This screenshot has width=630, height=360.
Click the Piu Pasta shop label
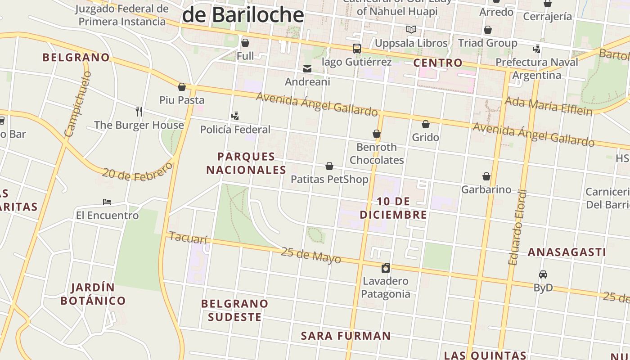182,100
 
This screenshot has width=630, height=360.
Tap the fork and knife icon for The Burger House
139,111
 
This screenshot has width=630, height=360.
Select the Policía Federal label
235,130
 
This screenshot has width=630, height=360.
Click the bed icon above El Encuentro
107,202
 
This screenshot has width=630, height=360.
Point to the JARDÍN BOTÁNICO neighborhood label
93,294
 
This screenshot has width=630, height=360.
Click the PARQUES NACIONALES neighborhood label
246,163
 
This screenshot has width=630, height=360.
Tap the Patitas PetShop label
329,179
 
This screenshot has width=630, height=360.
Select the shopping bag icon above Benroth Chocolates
377,134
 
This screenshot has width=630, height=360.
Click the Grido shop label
425,137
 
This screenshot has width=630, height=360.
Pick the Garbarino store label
486,189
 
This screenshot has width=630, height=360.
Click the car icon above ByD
543,274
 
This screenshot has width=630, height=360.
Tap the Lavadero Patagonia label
386,288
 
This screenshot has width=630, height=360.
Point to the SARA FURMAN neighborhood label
346,336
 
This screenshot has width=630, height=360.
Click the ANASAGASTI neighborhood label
567,252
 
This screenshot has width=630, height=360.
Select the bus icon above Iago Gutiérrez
356,49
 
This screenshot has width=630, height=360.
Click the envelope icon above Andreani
307,69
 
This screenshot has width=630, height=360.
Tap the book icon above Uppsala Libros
411,30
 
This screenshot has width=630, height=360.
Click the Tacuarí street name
188,238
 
